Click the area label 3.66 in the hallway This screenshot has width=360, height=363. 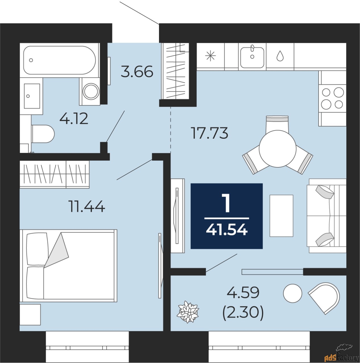[x=137, y=72]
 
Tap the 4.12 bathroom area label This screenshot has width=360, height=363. [x=74, y=119]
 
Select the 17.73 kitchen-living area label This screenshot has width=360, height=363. [x=210, y=133]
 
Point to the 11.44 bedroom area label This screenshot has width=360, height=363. [x=87, y=206]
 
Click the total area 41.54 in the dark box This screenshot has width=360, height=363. [x=227, y=230]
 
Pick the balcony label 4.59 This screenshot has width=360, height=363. [x=243, y=293]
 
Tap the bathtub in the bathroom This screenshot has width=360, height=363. [x=59, y=60]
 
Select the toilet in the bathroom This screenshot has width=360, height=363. [x=43, y=134]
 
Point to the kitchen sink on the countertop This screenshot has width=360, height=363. [x=252, y=57]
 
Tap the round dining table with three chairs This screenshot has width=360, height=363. [x=278, y=148]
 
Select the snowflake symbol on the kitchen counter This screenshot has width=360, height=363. [x=210, y=56]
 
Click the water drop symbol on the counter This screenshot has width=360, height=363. [x=280, y=56]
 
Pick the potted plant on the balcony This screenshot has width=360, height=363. [x=188, y=312]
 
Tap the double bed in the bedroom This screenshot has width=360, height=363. [x=68, y=265]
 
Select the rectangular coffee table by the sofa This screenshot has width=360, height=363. [x=281, y=216]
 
